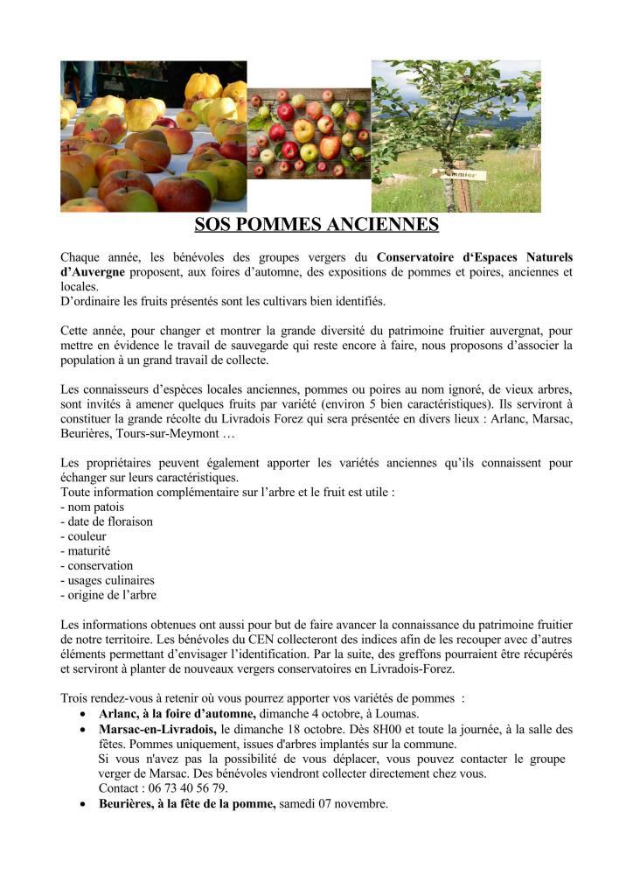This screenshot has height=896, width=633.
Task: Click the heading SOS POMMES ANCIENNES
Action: click(316, 225)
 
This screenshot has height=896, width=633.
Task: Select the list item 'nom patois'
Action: click(94, 507)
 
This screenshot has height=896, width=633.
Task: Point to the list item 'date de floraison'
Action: click(108, 521)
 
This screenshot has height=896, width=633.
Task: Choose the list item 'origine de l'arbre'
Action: click(110, 595)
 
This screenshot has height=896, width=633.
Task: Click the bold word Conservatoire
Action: click(424, 257)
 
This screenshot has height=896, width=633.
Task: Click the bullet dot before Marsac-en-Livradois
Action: click(82, 729)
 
